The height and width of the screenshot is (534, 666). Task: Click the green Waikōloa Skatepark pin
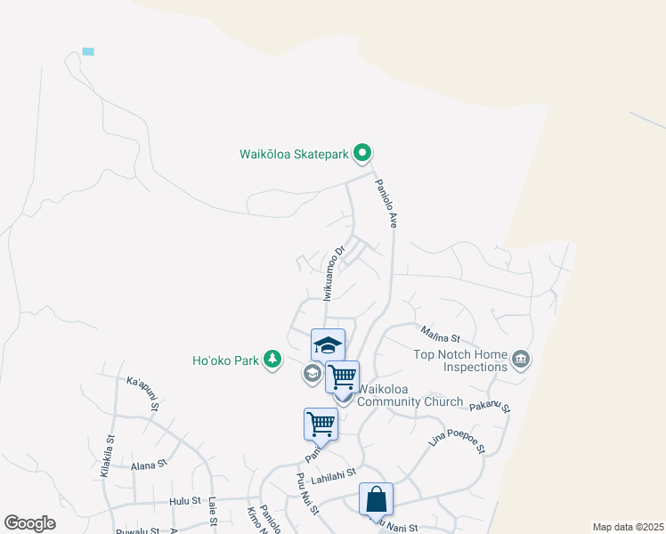361,154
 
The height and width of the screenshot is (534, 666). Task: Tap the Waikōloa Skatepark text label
294,154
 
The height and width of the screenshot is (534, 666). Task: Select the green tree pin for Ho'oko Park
272,360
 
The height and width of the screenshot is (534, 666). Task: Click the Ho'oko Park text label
225,360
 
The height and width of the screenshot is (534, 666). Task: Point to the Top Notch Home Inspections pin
521,360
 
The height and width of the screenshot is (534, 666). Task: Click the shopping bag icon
376,498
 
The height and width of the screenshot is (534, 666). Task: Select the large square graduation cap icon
328,344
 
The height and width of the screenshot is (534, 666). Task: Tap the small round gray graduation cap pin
312,373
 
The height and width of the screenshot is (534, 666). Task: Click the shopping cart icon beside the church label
342,376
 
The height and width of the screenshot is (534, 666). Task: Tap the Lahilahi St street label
332,476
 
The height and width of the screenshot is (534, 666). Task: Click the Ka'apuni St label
142,392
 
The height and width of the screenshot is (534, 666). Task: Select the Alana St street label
149,465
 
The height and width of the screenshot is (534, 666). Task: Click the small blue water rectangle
87,52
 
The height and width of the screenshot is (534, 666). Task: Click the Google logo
29,523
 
